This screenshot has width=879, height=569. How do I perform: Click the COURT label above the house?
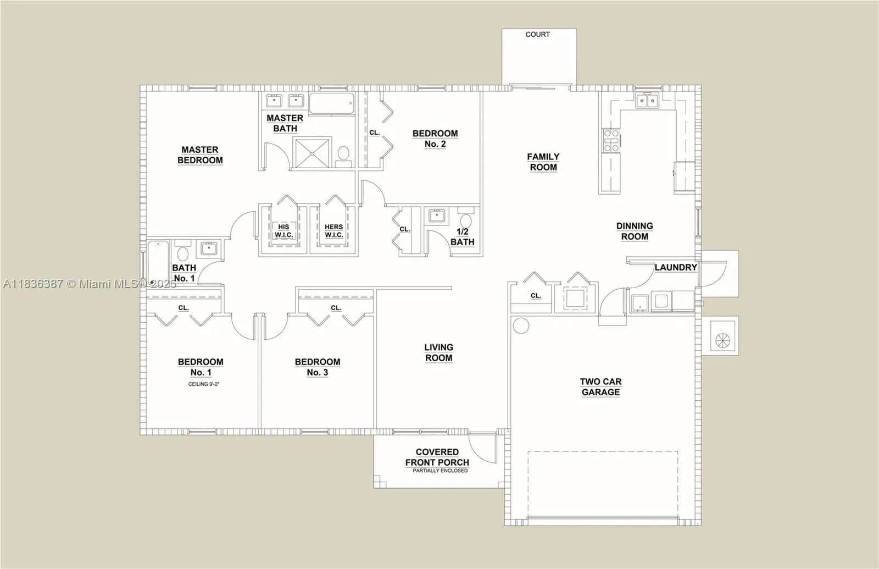(538, 35)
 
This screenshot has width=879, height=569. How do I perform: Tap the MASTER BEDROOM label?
(200, 155)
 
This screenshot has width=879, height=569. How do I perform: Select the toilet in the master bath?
(343, 157)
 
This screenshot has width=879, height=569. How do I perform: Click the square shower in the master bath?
(313, 153)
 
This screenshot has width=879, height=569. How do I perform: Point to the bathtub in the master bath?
(332, 103)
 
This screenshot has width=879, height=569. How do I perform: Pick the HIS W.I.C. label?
(283, 231)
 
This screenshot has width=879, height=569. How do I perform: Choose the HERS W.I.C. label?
(334, 231)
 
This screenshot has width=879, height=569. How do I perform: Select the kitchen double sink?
(647, 101)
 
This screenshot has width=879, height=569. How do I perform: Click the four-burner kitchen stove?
(611, 141)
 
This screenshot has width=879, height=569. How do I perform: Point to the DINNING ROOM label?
(635, 231)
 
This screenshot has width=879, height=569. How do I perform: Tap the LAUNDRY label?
(676, 267)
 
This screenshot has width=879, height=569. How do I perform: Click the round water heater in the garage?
(521, 326)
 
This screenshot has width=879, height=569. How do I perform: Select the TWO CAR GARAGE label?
(601, 387)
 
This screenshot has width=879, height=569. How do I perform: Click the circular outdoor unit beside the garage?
(722, 340)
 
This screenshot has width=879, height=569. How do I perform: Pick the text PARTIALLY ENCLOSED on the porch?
(440, 471)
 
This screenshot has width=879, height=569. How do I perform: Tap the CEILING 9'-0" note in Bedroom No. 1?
(204, 384)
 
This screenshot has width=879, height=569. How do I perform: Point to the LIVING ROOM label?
(439, 352)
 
